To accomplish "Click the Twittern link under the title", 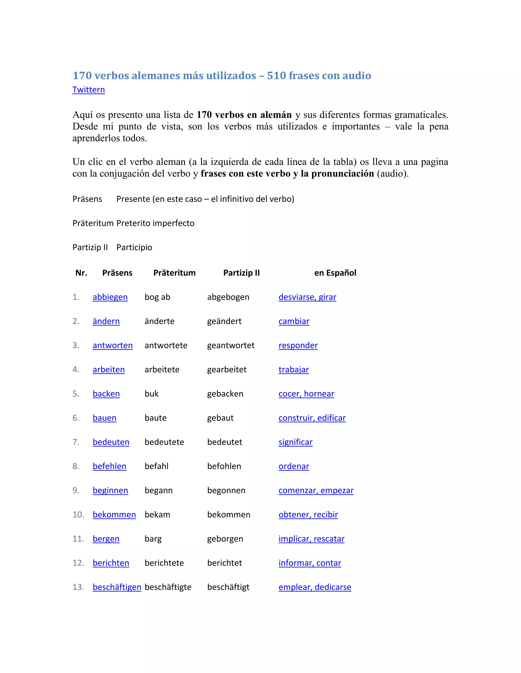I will coord(89,90).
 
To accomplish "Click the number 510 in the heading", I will coord(278,75).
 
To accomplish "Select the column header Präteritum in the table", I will coord(174,273).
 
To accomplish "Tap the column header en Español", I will coord(335,273).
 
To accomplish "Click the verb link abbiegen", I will coord(110,297).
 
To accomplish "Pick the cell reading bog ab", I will coord(157,297).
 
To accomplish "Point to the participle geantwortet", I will coord(230,345).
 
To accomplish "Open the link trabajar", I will coord(294,370).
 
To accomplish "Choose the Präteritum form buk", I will coord(152,394).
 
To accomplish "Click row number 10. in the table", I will coord(78,515).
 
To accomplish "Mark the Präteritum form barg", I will coord(153,539).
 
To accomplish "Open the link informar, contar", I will coord(310,563).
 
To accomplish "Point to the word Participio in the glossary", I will coord(134,247).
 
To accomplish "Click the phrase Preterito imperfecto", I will coord(155,223).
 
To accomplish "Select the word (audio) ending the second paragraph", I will coord(393,173).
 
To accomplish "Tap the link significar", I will coord(295,442).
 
